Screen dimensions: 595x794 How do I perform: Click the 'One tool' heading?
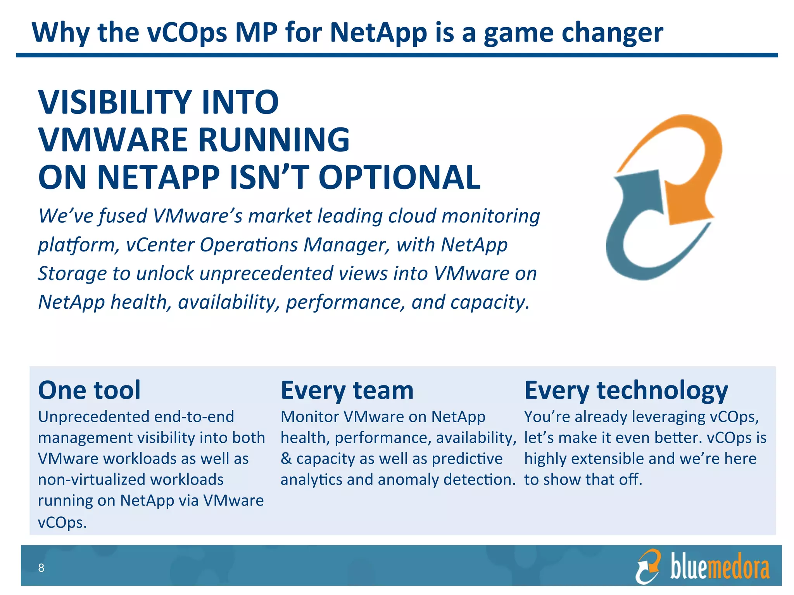(89, 390)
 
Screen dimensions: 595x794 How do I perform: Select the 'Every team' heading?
(347, 390)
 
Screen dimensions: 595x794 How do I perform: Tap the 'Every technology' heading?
(626, 390)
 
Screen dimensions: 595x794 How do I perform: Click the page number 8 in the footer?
(41, 568)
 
